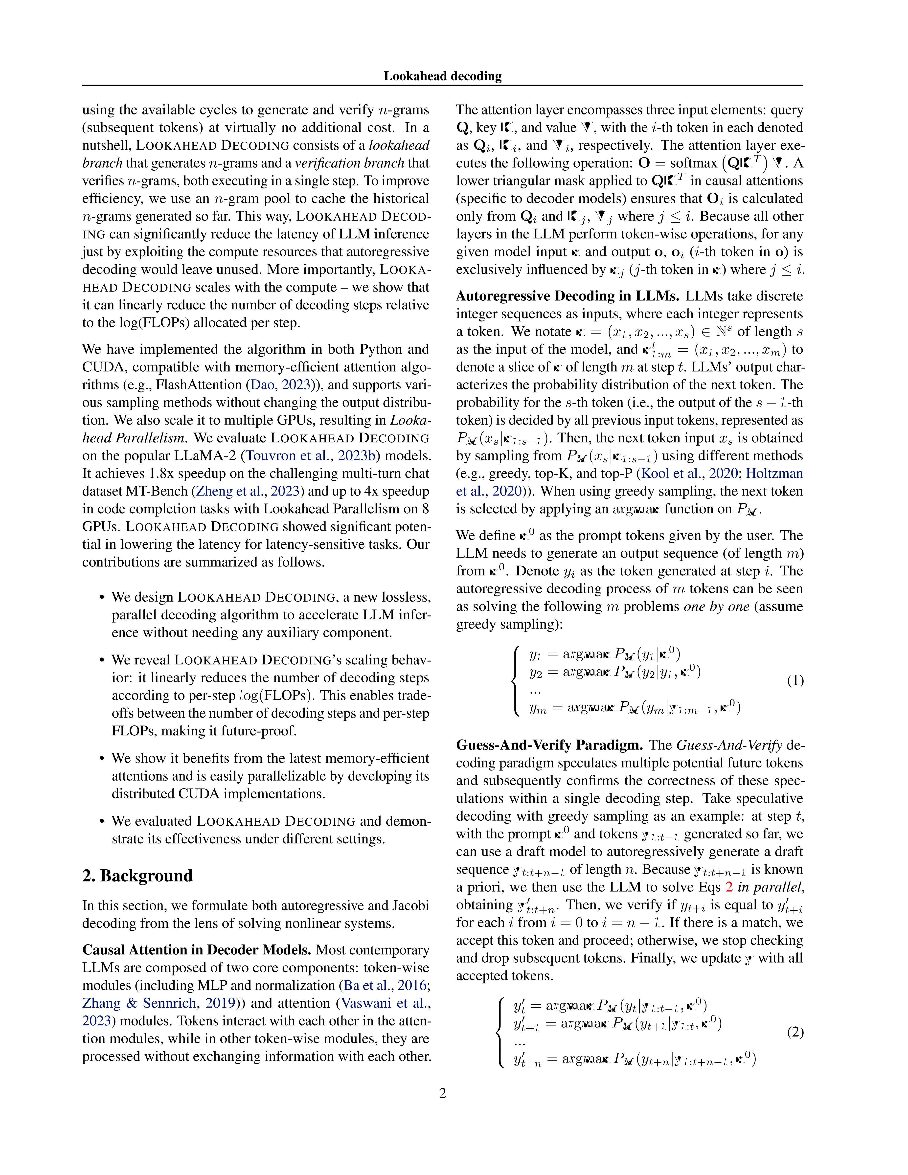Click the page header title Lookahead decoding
pos(442,76)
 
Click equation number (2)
pos(795,1032)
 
